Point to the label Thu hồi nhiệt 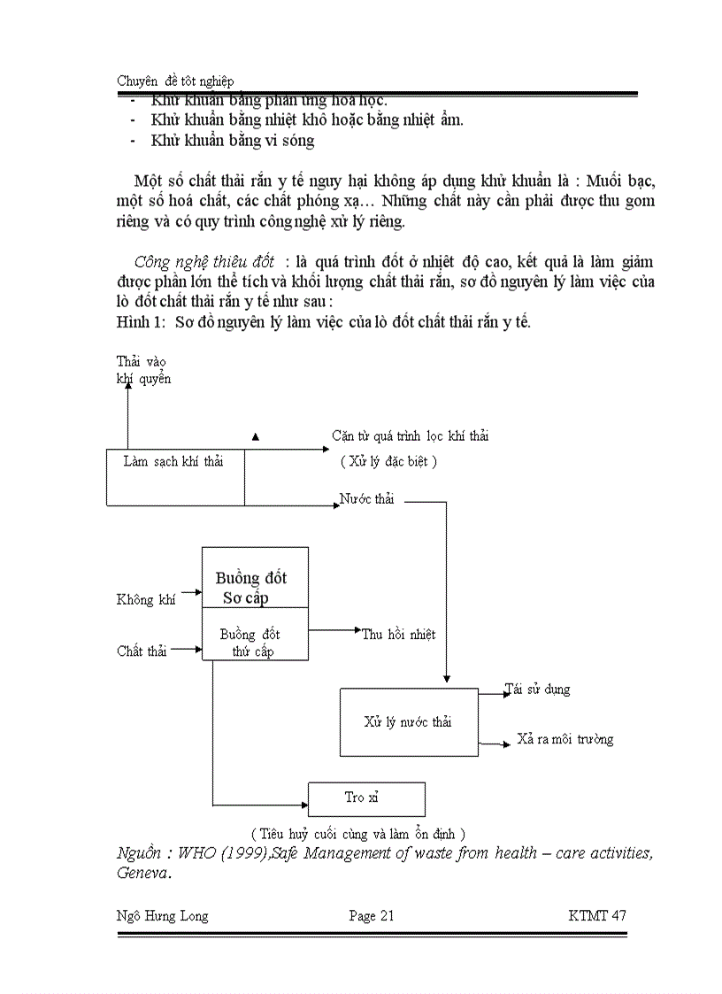point(398,635)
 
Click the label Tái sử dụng point(538,690)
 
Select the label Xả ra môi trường point(565,740)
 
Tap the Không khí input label point(146,600)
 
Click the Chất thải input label point(142,651)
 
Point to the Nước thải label point(367,500)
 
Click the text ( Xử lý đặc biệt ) point(389,461)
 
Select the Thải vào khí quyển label point(143,370)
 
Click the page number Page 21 point(372,916)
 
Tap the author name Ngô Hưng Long point(163,916)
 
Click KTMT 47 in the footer point(597,916)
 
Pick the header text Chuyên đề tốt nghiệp point(175,81)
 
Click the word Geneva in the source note point(142,873)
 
